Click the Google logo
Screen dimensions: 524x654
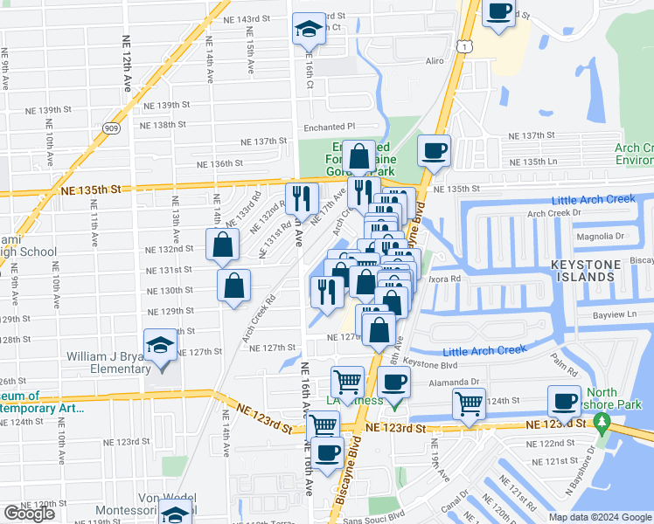point(29,514)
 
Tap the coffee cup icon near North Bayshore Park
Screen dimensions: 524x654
point(564,401)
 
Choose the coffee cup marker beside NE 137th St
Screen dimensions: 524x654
point(434,151)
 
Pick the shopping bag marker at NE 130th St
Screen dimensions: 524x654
point(234,286)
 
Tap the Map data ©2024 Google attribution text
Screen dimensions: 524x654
point(598,516)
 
